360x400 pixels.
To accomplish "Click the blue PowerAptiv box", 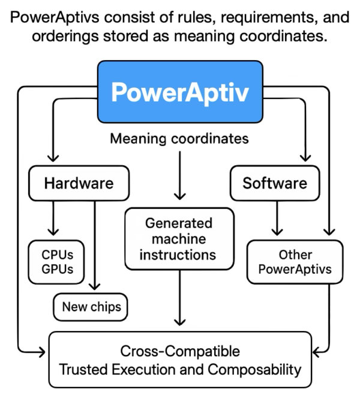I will pos(179,92).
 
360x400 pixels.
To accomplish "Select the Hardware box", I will pos(79,183).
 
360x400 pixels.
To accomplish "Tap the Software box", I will pos(275,183).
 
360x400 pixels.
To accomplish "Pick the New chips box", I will pos(91,307).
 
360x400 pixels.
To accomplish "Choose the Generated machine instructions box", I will pos(179,238).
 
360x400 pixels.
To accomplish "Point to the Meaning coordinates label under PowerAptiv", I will pos(179,139).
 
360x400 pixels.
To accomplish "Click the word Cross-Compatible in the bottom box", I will pos(180,351).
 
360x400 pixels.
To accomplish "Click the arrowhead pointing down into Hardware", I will pos(54,159).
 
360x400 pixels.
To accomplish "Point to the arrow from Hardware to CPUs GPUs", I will pos(54,219).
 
